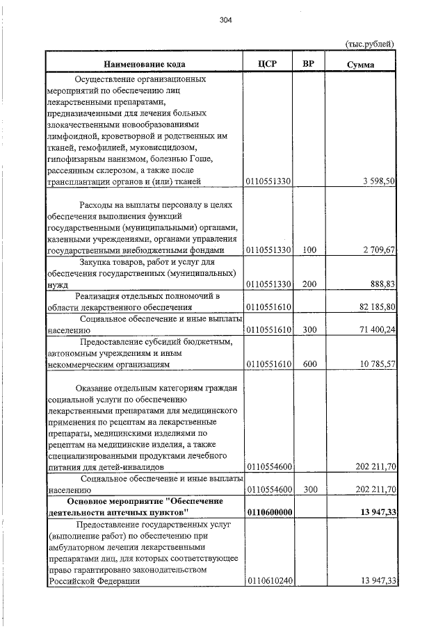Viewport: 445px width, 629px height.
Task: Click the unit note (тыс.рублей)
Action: pos(370,44)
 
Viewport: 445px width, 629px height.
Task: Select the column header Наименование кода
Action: pos(145,64)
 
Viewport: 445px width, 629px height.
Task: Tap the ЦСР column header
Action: pos(268,64)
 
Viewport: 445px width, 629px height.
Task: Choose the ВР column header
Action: pos(309,64)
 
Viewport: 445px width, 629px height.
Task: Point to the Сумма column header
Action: pos(361,64)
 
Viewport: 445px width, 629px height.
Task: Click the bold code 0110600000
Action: pos(268,512)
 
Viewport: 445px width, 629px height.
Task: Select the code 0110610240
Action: pos(268,581)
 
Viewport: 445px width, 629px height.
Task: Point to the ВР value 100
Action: pos(309,250)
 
